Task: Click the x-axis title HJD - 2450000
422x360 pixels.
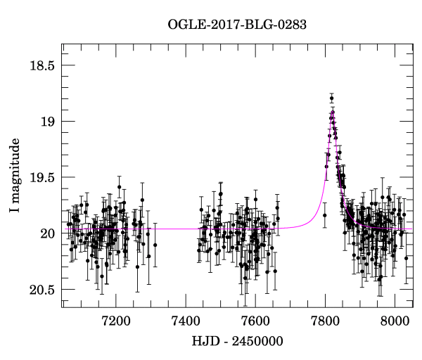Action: (237, 342)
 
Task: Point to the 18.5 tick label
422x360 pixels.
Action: (41, 65)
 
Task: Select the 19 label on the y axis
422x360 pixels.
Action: (47, 122)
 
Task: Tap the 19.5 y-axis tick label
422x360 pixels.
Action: (41, 178)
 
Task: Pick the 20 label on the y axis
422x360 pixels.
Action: (47, 233)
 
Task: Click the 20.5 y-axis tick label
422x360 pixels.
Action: (41, 290)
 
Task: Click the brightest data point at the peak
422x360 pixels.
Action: (331, 98)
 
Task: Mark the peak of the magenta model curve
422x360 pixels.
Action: (333, 111)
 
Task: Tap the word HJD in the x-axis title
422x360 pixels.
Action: (204, 342)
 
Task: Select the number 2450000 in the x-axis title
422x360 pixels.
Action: (255, 342)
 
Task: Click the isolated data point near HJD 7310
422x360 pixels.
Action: (155, 245)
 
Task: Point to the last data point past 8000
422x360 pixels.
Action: (407, 258)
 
